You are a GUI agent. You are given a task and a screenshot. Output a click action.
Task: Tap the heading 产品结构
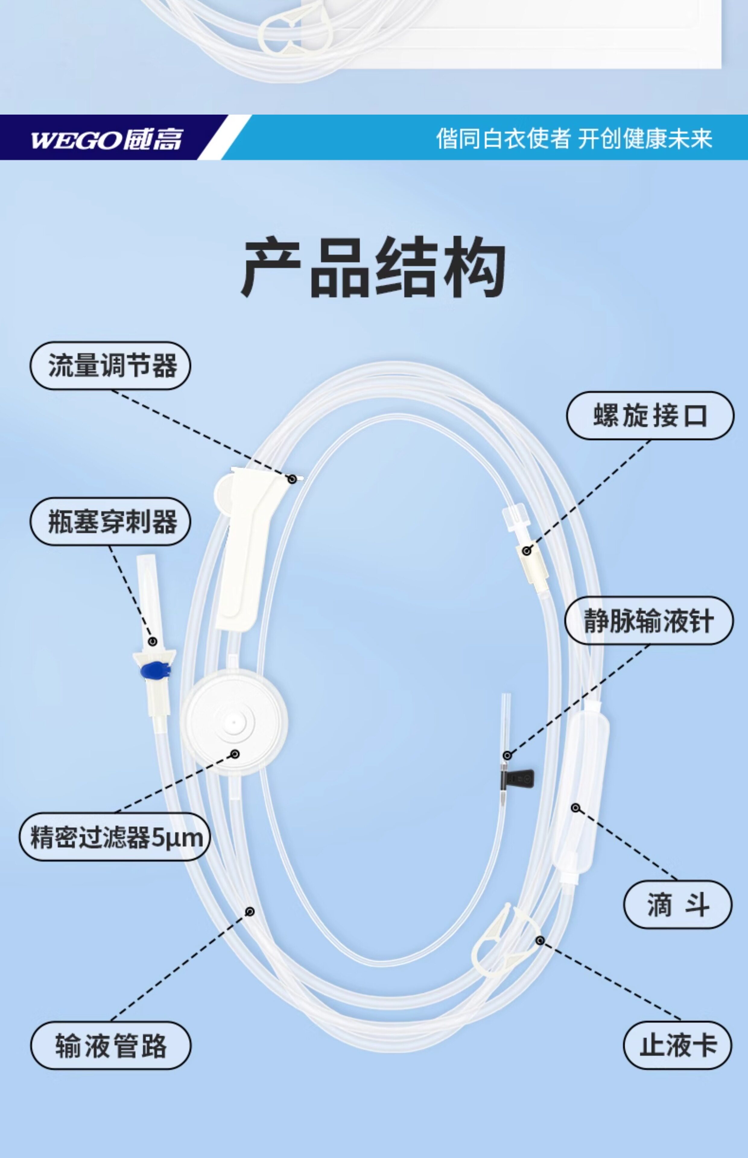point(374,267)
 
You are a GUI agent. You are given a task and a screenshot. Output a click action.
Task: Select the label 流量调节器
point(111,365)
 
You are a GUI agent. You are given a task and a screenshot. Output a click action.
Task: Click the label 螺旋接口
point(650,416)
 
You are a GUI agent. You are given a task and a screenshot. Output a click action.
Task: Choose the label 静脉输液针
point(649,621)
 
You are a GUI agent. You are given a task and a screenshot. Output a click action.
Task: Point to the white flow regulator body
point(245,549)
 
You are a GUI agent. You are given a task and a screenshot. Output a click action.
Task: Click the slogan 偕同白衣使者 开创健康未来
point(574,139)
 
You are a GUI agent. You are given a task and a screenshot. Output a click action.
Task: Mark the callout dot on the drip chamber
point(575,808)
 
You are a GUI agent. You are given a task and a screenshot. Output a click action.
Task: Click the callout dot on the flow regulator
point(292,479)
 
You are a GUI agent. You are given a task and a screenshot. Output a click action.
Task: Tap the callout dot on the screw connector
point(527,551)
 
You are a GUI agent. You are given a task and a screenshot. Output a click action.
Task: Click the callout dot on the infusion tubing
point(250,911)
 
